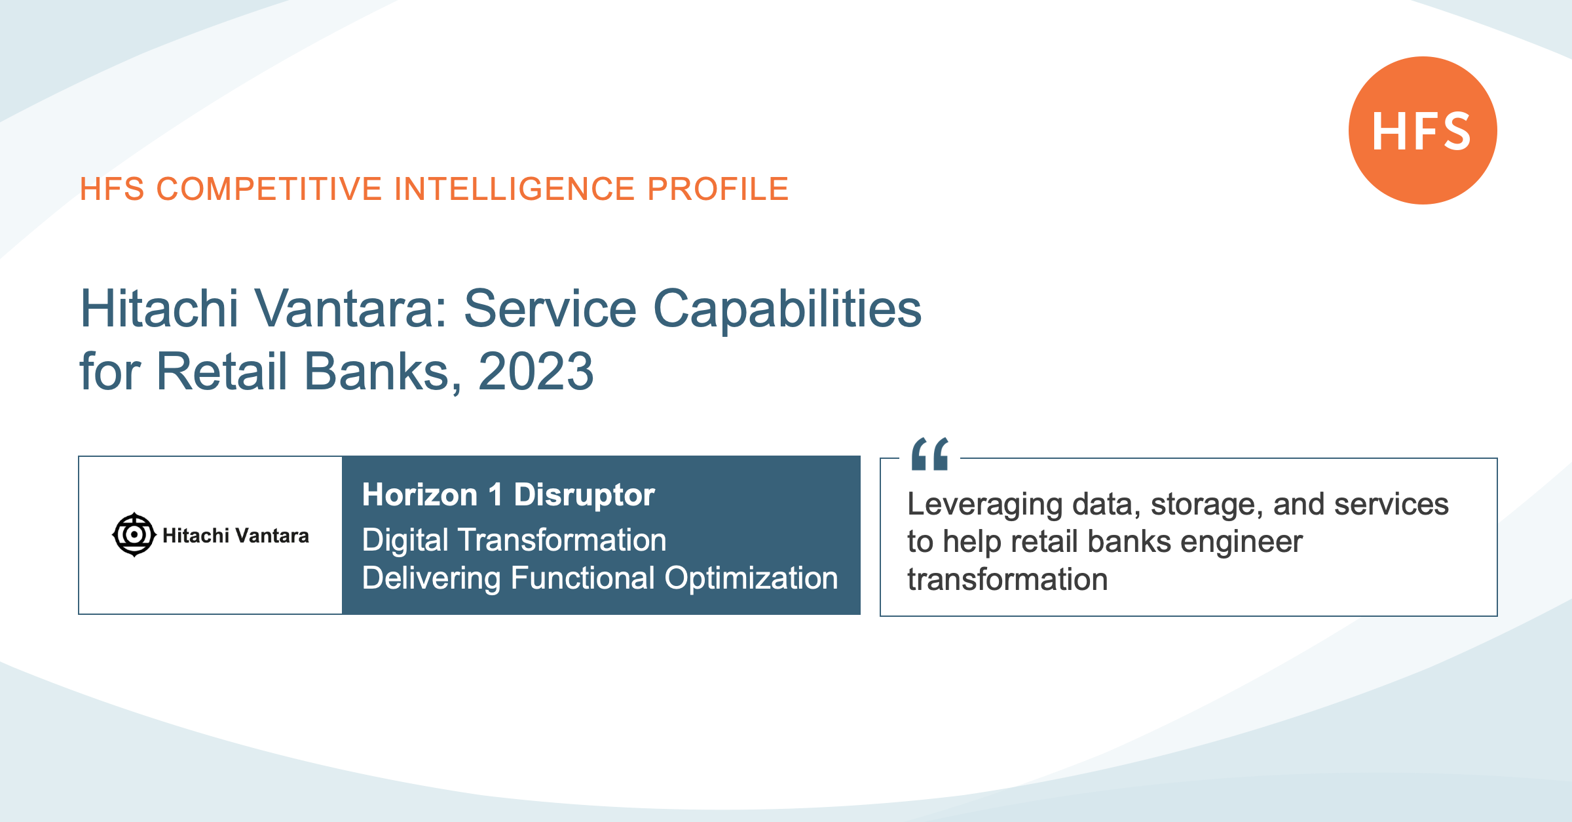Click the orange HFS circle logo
tap(1423, 130)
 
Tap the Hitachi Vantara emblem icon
tap(134, 535)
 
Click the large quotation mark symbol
tap(930, 454)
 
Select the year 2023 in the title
tap(536, 372)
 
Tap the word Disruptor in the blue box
tap(584, 495)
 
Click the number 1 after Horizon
tap(496, 495)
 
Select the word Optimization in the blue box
tap(751, 579)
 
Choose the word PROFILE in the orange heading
tap(718, 189)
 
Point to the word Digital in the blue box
tap(405, 541)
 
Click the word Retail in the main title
tap(222, 372)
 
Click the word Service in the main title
tap(550, 309)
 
